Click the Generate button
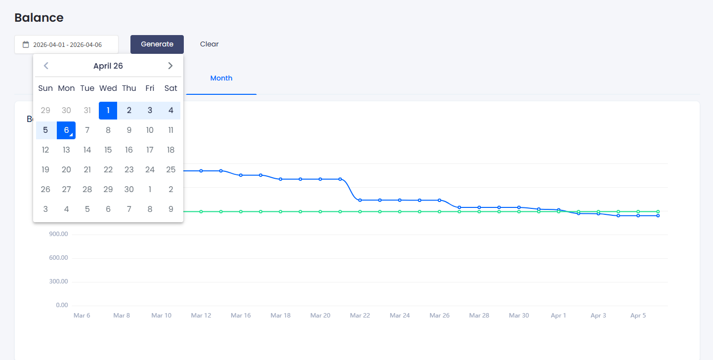pos(157,44)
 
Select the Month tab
pos(221,79)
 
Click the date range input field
pos(67,44)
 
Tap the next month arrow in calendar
pos(170,66)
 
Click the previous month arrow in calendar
pos(46,66)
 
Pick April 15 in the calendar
pos(108,150)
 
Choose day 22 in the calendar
pos(108,170)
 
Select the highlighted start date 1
pos(108,111)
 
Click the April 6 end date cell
pos(66,130)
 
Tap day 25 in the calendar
pos(171,170)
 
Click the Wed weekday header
pos(108,88)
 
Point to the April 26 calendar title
pos(108,66)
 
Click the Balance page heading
pos(39,18)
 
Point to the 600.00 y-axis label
pos(59,258)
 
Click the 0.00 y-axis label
pos(62,305)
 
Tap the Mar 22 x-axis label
pos(360,316)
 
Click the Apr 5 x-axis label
pos(638,316)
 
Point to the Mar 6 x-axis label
pos(82,316)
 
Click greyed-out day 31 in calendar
pos(87,111)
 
